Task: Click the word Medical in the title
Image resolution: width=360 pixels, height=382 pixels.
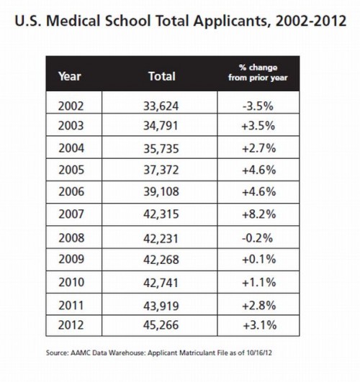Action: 73,21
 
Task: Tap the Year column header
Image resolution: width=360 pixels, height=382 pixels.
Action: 70,76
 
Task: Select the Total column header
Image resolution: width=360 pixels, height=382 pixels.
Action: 162,76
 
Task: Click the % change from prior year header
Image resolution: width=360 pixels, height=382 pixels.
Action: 258,73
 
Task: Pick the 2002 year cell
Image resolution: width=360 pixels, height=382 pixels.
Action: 71,106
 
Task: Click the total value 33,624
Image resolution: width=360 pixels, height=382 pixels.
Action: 161,106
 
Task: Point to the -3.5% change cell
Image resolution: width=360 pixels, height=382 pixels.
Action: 258,106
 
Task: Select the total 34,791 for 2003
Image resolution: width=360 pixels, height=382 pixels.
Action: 161,126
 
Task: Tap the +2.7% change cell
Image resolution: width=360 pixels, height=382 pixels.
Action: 258,148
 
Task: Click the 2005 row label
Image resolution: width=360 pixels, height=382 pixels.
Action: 71,170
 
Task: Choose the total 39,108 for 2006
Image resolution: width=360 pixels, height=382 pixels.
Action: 161,192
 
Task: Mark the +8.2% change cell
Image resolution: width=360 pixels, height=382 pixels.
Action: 258,214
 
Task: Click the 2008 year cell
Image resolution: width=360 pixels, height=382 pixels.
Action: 71,238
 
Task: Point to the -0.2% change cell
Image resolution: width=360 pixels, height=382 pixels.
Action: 257,238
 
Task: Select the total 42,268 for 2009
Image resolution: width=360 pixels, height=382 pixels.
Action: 161,260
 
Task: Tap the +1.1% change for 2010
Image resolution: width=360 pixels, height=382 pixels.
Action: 258,282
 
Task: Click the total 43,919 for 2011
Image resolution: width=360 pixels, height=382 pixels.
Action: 161,306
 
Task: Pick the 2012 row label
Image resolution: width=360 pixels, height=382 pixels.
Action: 71,325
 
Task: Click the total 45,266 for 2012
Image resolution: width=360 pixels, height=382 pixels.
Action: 161,325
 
